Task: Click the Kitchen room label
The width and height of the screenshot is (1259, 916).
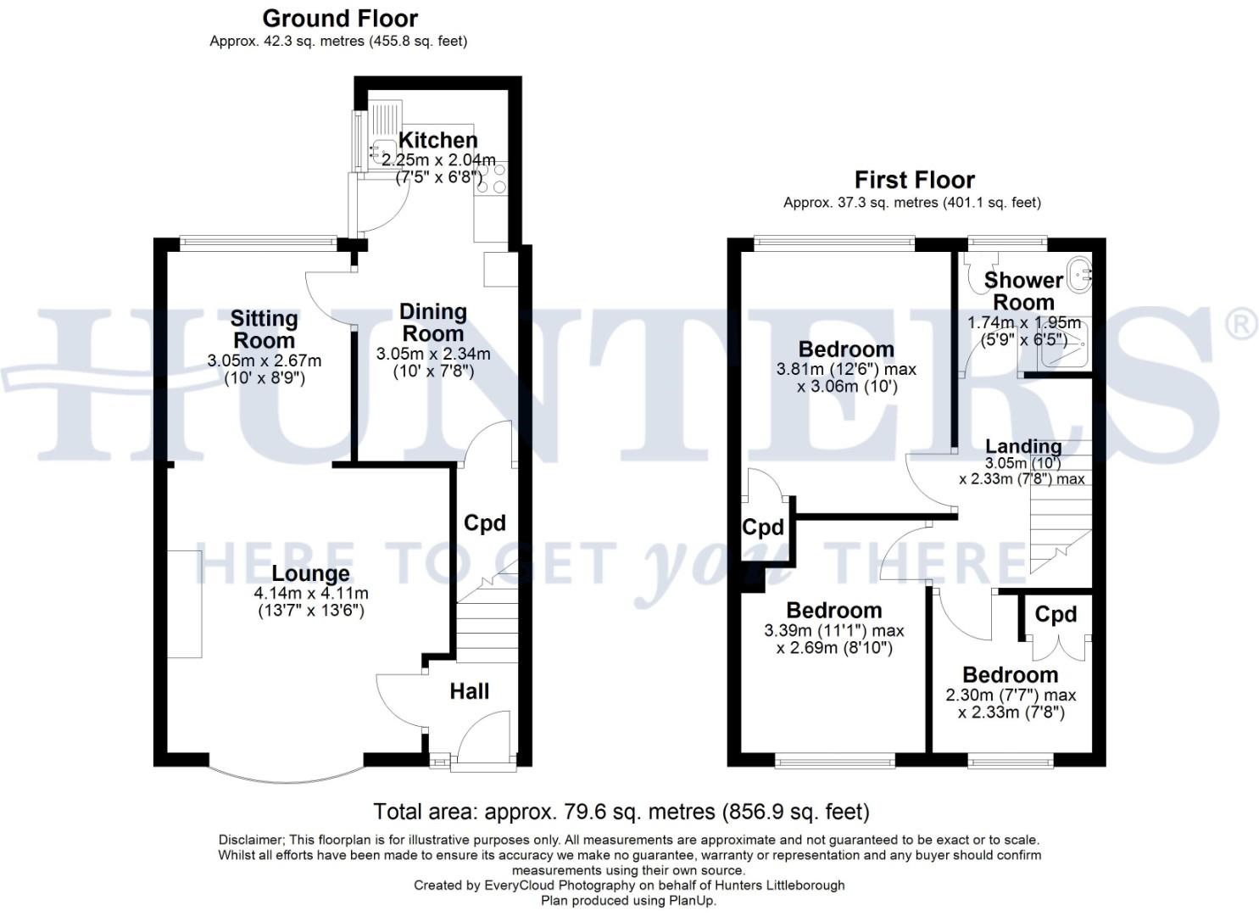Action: pyautogui.click(x=437, y=140)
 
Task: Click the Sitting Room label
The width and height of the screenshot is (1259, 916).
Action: pyautogui.click(x=264, y=329)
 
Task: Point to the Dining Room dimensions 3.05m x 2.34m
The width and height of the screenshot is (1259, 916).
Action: pyautogui.click(x=433, y=354)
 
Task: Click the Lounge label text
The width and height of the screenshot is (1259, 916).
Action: pyautogui.click(x=310, y=574)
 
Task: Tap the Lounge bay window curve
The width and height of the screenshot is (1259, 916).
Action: pyautogui.click(x=287, y=776)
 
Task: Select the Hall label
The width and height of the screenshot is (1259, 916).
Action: pyautogui.click(x=469, y=691)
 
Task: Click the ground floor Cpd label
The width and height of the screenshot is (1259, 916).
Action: pyautogui.click(x=484, y=523)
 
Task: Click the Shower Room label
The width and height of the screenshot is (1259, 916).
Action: pyautogui.click(x=1023, y=290)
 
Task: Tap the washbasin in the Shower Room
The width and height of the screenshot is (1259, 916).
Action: pyautogui.click(x=1080, y=275)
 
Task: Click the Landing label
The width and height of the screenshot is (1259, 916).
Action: pyautogui.click(x=1023, y=446)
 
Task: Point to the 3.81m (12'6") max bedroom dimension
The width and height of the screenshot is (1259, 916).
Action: pyautogui.click(x=846, y=370)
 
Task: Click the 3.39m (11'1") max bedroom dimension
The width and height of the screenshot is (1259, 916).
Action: pyautogui.click(x=834, y=631)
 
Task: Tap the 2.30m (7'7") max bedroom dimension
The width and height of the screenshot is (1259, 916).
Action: pyautogui.click(x=1011, y=695)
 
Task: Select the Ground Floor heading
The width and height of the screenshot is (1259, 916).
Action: pyautogui.click(x=340, y=18)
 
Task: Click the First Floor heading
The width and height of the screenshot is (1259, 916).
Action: pyautogui.click(x=914, y=180)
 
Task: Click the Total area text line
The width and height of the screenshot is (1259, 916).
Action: pyautogui.click(x=621, y=812)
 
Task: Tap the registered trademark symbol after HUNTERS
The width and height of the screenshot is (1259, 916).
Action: pyautogui.click(x=1243, y=325)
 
